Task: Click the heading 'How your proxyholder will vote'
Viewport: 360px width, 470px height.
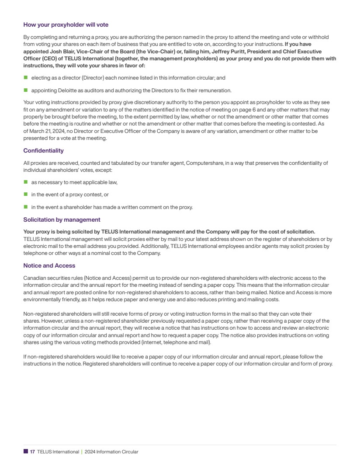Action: pos(66,24)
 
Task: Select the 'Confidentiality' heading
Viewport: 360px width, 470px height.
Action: pos(43,150)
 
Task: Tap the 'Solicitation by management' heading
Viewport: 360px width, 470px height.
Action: pos(62,219)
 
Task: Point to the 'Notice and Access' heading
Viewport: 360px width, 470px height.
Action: pos(49,265)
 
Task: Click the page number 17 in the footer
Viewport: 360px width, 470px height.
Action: pos(32,452)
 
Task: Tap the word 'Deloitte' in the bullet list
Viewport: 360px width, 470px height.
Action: pos(69,91)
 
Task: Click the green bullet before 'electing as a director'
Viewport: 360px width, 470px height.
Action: pos(25,77)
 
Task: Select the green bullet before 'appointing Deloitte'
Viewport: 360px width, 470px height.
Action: pos(25,91)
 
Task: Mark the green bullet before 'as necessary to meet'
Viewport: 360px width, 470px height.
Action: pos(25,182)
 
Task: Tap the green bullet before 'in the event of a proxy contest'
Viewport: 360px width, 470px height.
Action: pos(25,195)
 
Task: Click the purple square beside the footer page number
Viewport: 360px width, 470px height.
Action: pos(25,452)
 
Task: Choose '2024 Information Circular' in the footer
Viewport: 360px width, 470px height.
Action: pos(111,452)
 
